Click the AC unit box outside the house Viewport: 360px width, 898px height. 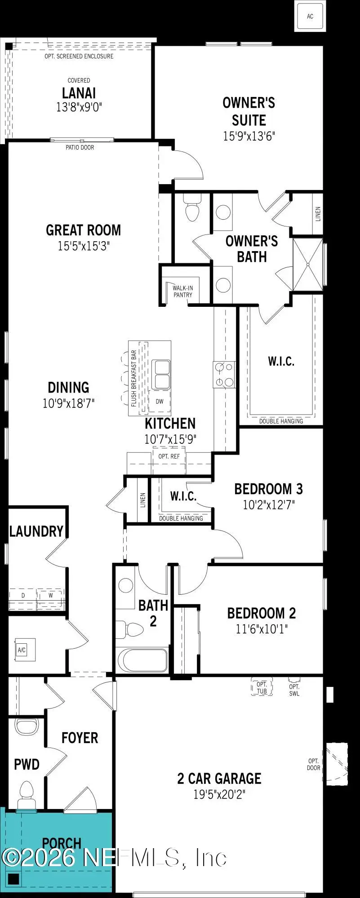(x=310, y=16)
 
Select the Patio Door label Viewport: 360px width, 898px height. (x=80, y=147)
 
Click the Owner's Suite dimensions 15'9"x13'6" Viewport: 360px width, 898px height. (x=249, y=136)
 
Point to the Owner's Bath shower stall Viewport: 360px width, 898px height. (x=308, y=265)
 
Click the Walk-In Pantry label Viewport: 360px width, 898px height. (x=182, y=291)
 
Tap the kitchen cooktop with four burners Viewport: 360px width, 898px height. (x=224, y=375)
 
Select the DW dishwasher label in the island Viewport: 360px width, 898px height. (x=160, y=402)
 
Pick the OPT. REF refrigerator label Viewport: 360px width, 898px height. (x=169, y=456)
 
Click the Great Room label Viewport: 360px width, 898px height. (x=84, y=230)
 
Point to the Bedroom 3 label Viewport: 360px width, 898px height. (x=268, y=488)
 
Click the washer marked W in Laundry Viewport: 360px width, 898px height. (x=51, y=595)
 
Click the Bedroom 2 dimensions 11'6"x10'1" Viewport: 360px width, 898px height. (x=261, y=628)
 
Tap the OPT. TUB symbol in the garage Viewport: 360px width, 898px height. (x=262, y=688)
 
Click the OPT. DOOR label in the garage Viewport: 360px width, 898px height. (x=314, y=764)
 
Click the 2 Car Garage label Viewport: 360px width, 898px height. (x=219, y=778)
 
